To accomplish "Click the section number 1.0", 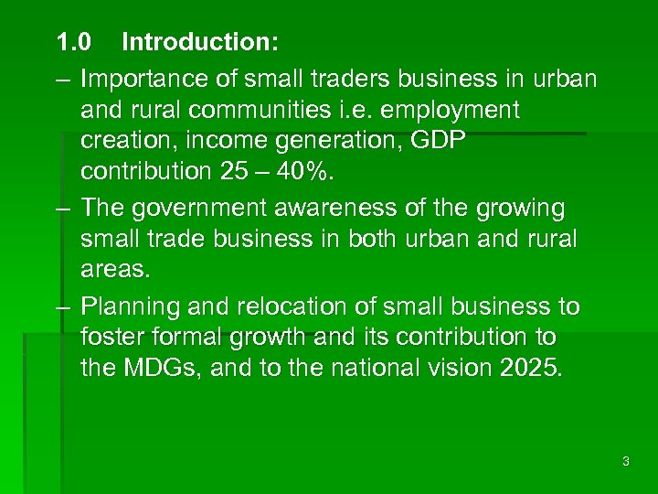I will (73, 42).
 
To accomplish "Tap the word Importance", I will (142, 79).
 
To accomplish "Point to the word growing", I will (521, 208).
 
